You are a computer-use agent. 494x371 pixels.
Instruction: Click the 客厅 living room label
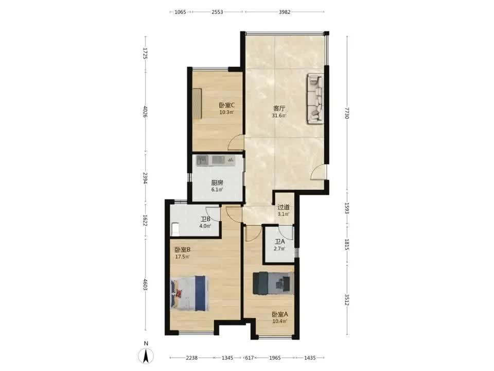(279, 108)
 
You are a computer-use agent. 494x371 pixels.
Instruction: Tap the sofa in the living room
(315, 99)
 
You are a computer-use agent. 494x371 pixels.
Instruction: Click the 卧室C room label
(227, 105)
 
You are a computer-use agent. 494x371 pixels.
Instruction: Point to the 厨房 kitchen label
(217, 182)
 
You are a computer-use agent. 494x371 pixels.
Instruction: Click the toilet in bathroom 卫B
(175, 229)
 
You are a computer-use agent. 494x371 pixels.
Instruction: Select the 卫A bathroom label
(280, 242)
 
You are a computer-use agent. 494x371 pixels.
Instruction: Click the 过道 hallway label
(283, 207)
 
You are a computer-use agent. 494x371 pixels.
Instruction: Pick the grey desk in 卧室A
(273, 283)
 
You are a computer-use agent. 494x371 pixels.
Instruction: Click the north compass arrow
(146, 356)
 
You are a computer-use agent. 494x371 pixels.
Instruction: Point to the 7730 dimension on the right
(347, 113)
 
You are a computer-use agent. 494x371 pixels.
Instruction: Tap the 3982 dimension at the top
(285, 12)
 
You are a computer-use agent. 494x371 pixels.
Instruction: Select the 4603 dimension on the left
(145, 284)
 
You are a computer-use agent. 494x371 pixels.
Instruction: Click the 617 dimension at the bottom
(249, 358)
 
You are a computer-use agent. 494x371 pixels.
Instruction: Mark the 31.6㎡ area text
(279, 115)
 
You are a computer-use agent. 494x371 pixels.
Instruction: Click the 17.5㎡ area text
(182, 257)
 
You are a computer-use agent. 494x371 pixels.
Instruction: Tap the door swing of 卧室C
(236, 143)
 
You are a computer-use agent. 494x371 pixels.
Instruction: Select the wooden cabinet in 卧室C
(197, 104)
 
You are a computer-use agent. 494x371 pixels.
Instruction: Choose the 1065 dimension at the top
(180, 12)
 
